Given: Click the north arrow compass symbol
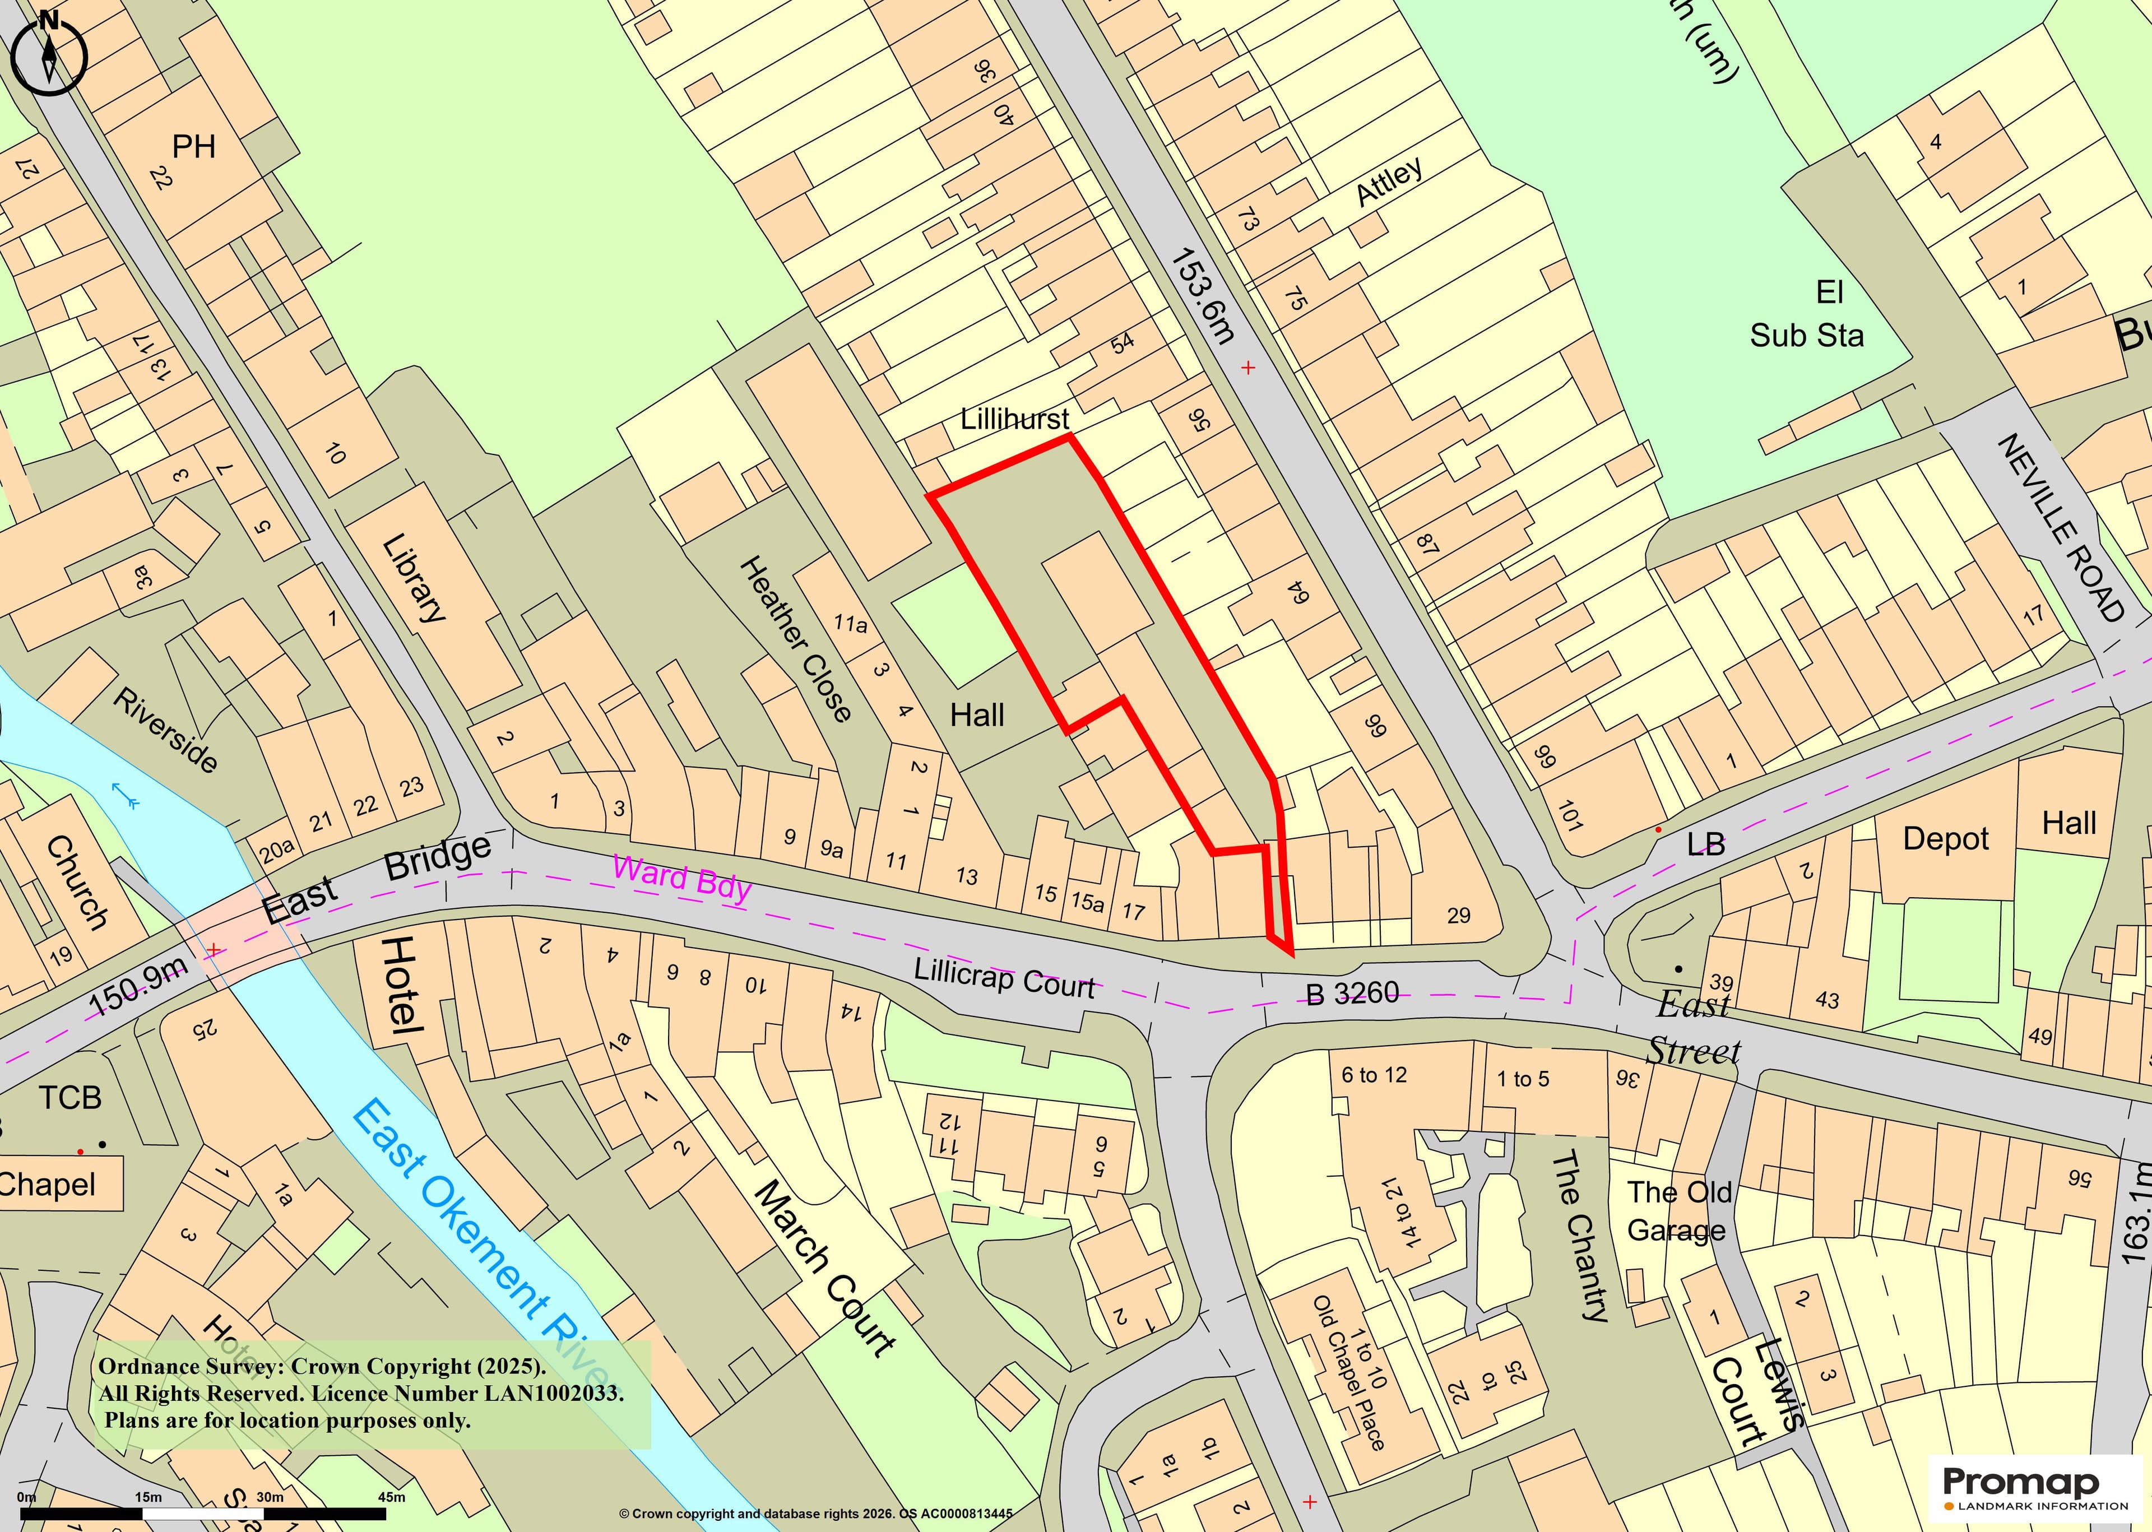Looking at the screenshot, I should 48,52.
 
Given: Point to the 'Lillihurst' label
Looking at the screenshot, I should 1014,418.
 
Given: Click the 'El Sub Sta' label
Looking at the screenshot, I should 1807,314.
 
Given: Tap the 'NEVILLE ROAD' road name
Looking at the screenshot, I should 2061,528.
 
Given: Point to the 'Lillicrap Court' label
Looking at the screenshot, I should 1004,978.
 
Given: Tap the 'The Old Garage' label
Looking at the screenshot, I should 1678,1211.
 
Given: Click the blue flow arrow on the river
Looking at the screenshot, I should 126,795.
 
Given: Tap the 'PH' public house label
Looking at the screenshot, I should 193,146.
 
